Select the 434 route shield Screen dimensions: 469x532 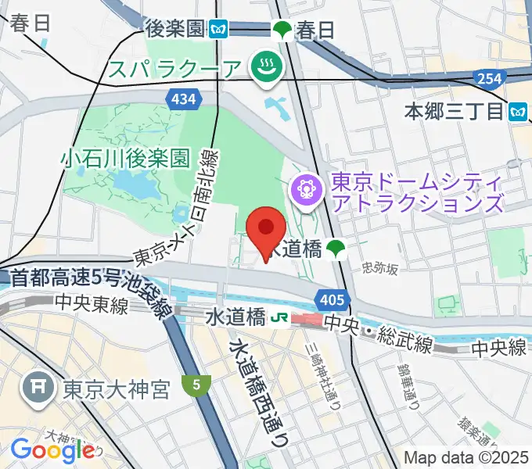181,97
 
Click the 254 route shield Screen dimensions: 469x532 487,77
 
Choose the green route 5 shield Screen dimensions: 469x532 196,384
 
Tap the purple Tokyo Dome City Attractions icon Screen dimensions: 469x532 304,188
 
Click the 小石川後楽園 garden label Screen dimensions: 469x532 125,159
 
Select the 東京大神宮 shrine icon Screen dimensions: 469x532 38,388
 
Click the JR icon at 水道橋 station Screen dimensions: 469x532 277,318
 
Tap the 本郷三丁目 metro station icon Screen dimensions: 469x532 517,112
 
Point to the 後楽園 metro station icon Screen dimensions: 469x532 218,30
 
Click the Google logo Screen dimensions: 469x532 52,449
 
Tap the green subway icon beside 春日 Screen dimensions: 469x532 282,30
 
